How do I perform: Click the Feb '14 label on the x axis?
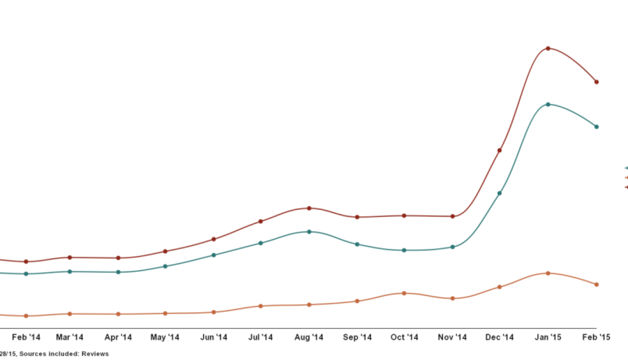point(26,337)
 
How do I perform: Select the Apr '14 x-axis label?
point(118,337)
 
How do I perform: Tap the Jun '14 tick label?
point(213,337)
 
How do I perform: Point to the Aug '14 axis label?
point(309,337)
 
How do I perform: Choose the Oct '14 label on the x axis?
point(404,337)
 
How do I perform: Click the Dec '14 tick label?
point(500,337)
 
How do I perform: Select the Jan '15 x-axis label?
point(548,337)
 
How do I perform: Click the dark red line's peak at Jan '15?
point(548,48)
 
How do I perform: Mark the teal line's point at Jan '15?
point(548,104)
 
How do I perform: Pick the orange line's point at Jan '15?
point(548,273)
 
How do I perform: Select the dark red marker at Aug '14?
point(309,208)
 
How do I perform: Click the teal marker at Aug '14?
point(309,231)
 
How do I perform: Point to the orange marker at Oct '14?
point(404,293)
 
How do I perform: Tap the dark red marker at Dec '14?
point(500,150)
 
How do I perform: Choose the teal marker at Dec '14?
point(500,193)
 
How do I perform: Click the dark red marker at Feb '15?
point(597,82)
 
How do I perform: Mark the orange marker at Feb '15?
point(597,284)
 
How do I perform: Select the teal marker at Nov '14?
point(453,247)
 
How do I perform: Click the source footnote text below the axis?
point(54,354)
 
